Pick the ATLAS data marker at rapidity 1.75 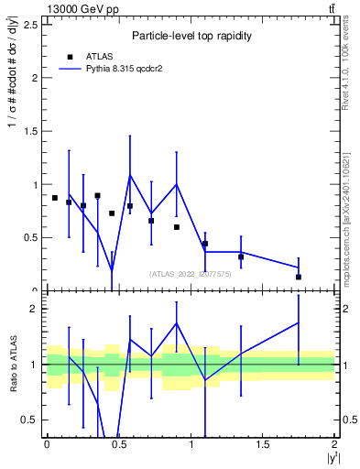coord(299,277)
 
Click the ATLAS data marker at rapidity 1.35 coord(241,257)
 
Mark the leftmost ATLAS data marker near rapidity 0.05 coord(54,198)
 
